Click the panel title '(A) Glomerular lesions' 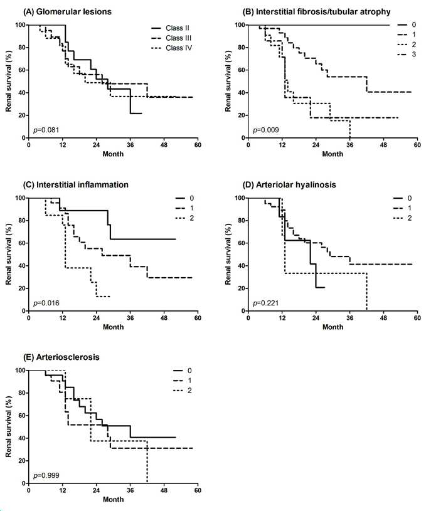(67, 12)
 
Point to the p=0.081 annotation (46, 130)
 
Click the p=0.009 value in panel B (266, 130)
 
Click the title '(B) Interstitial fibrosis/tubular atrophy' (317, 12)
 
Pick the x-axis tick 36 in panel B (350, 145)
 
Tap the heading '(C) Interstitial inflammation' (76, 185)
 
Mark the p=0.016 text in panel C (46, 303)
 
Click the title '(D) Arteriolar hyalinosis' (289, 185)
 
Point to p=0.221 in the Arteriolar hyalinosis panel (266, 303)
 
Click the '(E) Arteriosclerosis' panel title (61, 357)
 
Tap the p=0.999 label (46, 476)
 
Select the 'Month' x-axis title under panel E (113, 499)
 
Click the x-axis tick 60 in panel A (198, 145)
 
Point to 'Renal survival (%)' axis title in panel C (9, 254)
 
